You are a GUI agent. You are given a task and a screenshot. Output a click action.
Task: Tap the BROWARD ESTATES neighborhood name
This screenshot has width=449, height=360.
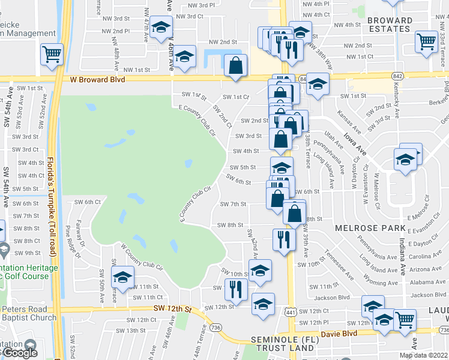click(x=390, y=25)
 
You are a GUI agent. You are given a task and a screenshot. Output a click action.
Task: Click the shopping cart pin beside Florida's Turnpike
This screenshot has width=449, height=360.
click(x=52, y=54)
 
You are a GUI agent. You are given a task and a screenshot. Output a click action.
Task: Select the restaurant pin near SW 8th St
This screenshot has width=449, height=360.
click(x=283, y=239)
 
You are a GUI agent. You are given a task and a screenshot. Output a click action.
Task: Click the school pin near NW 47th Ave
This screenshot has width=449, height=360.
click(x=161, y=28)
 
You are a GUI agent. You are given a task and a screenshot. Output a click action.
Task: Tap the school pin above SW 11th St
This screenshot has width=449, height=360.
click(x=122, y=277)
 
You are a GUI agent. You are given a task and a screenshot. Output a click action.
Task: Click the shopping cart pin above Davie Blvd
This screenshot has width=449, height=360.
click(x=405, y=320)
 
